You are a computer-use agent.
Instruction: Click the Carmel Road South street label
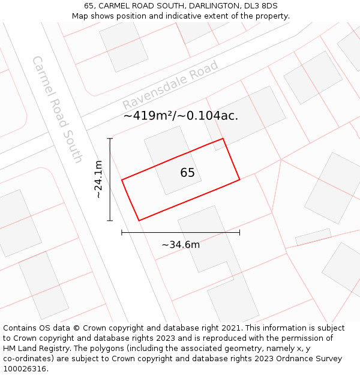(56, 109)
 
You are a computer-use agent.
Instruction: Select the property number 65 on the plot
(187, 173)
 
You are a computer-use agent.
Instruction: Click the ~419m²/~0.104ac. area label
(181, 116)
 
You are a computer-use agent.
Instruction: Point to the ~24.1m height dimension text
(98, 179)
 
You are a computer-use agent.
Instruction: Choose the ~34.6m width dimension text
(181, 244)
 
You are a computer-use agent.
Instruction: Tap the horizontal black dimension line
(180, 232)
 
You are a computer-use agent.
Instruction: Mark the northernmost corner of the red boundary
(223, 139)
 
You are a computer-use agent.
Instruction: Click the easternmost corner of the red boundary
(239, 179)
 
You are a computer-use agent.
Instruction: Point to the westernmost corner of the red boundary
(122, 180)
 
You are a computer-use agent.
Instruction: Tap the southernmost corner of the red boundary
(139, 221)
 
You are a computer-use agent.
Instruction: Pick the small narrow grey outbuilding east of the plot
(313, 237)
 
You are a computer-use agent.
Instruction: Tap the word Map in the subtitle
(80, 16)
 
